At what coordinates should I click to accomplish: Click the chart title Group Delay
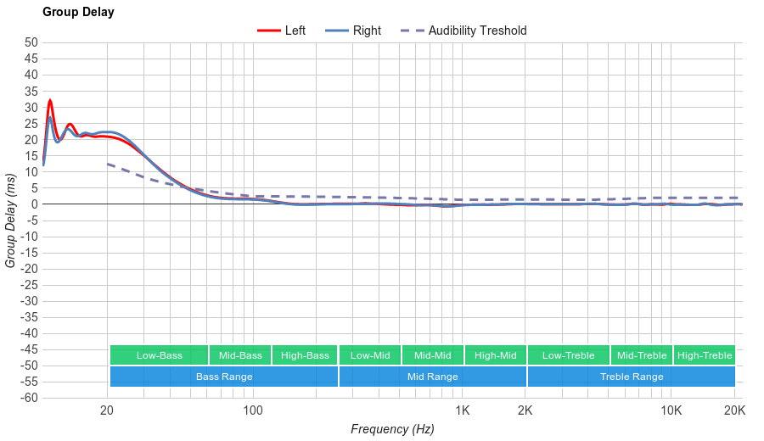pos(78,13)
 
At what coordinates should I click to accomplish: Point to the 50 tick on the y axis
pos(31,42)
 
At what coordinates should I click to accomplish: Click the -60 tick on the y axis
pos(30,398)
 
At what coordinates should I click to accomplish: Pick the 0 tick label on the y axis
pos(35,204)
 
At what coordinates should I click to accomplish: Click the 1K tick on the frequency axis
pos(463,411)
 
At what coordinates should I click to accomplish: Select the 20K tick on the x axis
pos(734,411)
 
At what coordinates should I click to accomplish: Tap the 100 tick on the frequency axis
pos(253,411)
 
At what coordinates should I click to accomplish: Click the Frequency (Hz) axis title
pos(392,429)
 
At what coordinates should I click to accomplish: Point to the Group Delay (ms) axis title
pos(11,220)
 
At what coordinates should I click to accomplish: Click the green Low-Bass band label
pos(159,355)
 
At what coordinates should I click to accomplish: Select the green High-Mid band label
pos(495,355)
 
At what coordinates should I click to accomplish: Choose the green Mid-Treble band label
pos(642,355)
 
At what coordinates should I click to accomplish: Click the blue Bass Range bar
pos(224,376)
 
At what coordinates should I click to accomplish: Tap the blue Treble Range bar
pos(632,376)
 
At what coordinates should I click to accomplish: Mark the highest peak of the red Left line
pos(50,100)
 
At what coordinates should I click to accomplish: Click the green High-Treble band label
pos(705,355)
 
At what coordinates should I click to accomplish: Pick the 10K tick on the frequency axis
pos(671,411)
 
